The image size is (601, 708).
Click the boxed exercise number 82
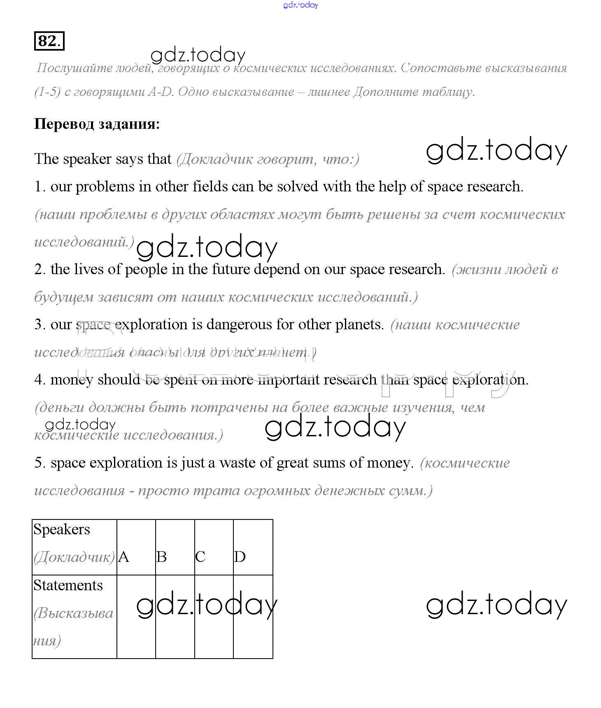tap(49, 41)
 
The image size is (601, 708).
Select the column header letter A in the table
tap(123, 557)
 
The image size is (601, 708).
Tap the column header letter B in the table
tap(162, 557)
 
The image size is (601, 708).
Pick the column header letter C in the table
tap(200, 557)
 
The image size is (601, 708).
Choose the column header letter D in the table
tap(240, 557)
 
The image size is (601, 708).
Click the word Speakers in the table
tap(62, 529)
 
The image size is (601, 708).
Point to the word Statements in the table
tap(68, 585)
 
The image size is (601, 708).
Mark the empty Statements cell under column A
tap(136, 616)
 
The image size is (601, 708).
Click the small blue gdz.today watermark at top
tap(300, 5)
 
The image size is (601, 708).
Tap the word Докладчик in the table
tap(74, 557)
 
